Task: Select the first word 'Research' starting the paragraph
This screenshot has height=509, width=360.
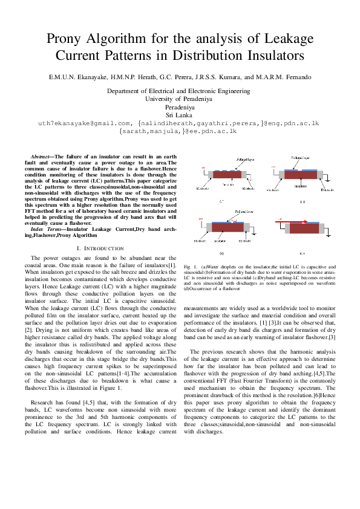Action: coord(43,401)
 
